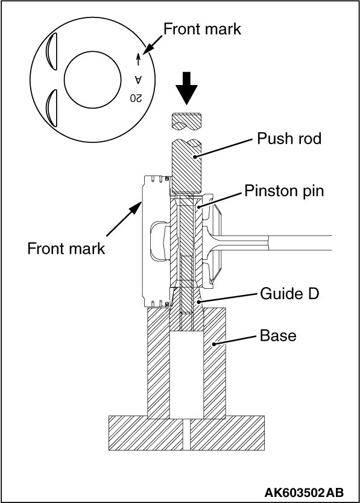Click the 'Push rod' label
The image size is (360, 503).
pyautogui.click(x=289, y=139)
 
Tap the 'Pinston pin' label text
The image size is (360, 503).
pyautogui.click(x=284, y=191)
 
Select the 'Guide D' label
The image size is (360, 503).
pyautogui.click(x=289, y=293)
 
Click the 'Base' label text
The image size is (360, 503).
pyautogui.click(x=278, y=335)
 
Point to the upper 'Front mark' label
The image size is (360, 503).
pyautogui.click(x=202, y=29)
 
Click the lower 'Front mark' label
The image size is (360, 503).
pyautogui.click(x=66, y=248)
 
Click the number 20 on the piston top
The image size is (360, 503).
pyautogui.click(x=136, y=98)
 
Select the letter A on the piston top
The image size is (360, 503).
pyautogui.click(x=138, y=79)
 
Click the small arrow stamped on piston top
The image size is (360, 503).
pyautogui.click(x=138, y=59)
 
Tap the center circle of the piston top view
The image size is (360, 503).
pyautogui.click(x=92, y=80)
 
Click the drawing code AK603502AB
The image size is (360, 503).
pyautogui.click(x=304, y=492)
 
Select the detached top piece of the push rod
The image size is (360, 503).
pyautogui.click(x=186, y=122)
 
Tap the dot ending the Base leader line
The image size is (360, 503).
pyautogui.click(x=213, y=344)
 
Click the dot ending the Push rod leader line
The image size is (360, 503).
pyautogui.click(x=195, y=157)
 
